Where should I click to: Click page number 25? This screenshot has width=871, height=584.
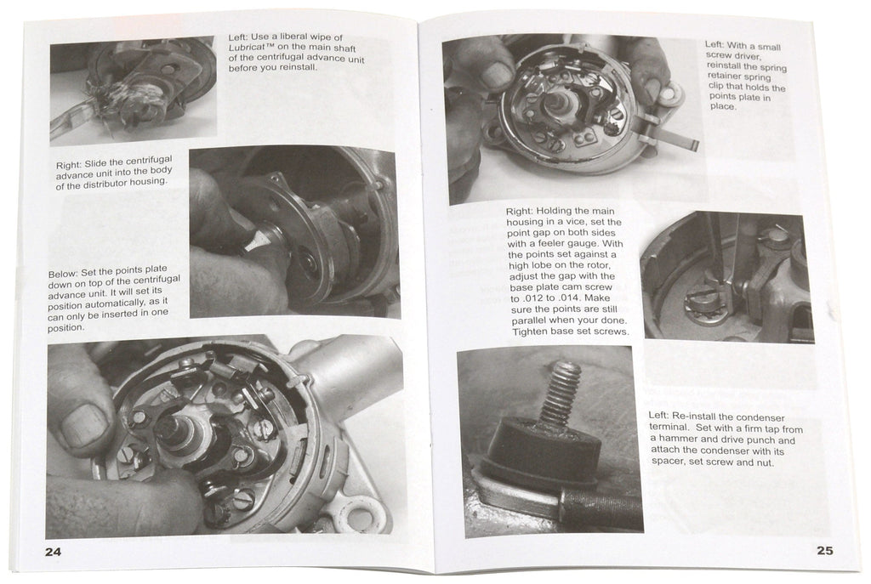point(824,549)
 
